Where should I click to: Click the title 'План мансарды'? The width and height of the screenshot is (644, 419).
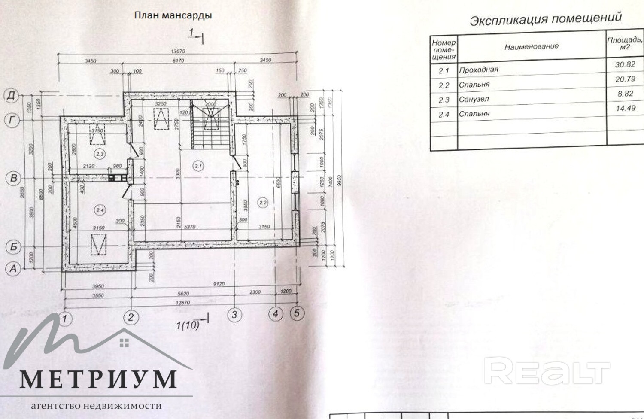[x=173, y=15]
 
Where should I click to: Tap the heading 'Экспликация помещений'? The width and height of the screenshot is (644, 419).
[x=546, y=19]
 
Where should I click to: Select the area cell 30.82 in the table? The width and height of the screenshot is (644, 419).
[x=625, y=64]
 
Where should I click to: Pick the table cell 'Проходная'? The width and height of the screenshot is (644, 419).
[x=479, y=70]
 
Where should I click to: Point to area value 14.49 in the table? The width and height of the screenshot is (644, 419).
[x=625, y=108]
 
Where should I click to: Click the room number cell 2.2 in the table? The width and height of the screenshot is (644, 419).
[x=444, y=85]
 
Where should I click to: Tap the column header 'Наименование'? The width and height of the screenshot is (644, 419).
[x=532, y=46]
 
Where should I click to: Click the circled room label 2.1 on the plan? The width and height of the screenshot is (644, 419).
[x=198, y=166]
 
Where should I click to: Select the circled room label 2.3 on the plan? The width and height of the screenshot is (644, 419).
[x=100, y=154]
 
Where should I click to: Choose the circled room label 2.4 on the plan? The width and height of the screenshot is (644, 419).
[x=100, y=210]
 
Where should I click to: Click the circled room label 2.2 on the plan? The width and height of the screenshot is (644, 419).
[x=263, y=203]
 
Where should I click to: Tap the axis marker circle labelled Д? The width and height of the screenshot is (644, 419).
[x=12, y=95]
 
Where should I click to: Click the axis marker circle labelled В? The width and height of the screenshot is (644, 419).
[x=13, y=178]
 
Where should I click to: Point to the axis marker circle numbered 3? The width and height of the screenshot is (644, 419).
[x=234, y=315]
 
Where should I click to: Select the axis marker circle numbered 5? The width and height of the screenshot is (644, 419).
[x=297, y=313]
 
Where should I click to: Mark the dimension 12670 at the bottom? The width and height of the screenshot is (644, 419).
[x=183, y=302]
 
